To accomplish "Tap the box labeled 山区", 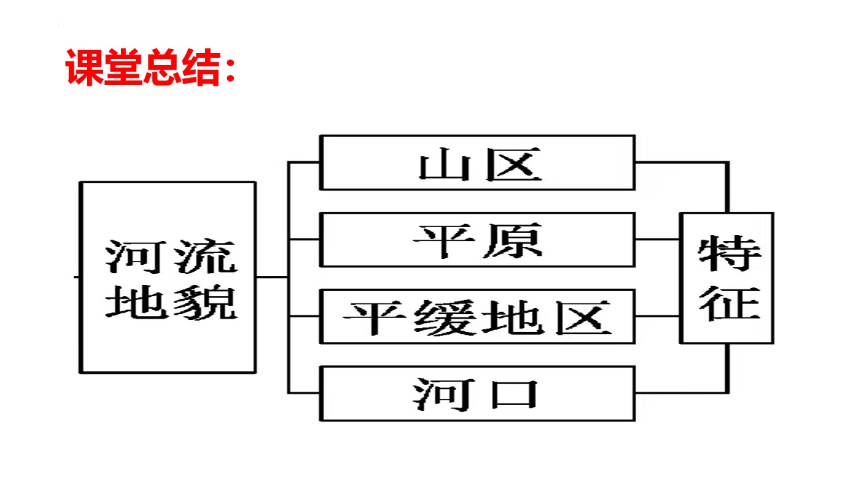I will tap(477, 163).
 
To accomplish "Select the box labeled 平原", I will tap(477, 240).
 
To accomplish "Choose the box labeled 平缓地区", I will tap(477, 317).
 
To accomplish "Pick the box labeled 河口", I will tap(477, 393).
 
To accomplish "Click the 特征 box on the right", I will tap(727, 278).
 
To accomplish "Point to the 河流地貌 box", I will tap(168, 278).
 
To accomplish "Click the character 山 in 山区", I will tap(443, 164).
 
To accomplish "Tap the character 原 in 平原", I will tap(513, 240).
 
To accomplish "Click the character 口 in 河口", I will tap(513, 394).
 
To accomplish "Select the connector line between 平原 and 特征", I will tap(657, 239).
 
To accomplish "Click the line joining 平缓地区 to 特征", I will tap(657, 316).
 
